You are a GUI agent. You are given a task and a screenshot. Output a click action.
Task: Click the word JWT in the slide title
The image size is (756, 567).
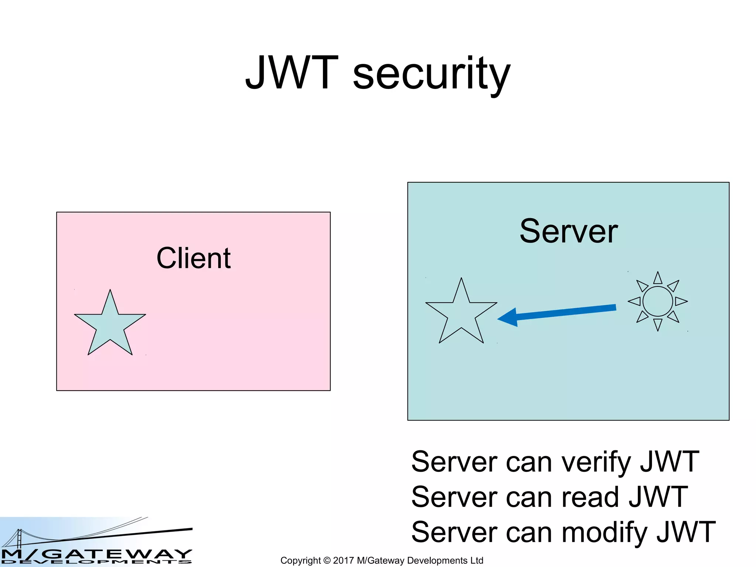(292, 73)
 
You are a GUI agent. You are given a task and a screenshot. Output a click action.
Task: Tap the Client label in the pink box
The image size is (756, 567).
(193, 258)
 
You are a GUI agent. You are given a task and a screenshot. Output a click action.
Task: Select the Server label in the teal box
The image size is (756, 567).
(568, 231)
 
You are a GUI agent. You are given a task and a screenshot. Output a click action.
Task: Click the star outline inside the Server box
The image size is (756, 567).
(461, 314)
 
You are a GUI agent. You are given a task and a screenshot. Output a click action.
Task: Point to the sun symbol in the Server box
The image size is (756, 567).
(657, 302)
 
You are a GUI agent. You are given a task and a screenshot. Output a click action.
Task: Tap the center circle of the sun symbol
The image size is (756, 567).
(657, 302)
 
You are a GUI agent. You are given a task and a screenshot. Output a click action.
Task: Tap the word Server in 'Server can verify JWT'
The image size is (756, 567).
(454, 462)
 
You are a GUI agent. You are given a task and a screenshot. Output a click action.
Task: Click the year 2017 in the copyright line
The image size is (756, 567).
(343, 560)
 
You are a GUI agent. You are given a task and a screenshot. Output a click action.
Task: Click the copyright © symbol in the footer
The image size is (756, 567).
(327, 560)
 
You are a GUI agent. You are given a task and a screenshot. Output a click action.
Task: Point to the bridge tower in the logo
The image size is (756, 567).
(19, 538)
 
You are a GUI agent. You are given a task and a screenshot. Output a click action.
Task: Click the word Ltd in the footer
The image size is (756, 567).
(476, 560)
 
